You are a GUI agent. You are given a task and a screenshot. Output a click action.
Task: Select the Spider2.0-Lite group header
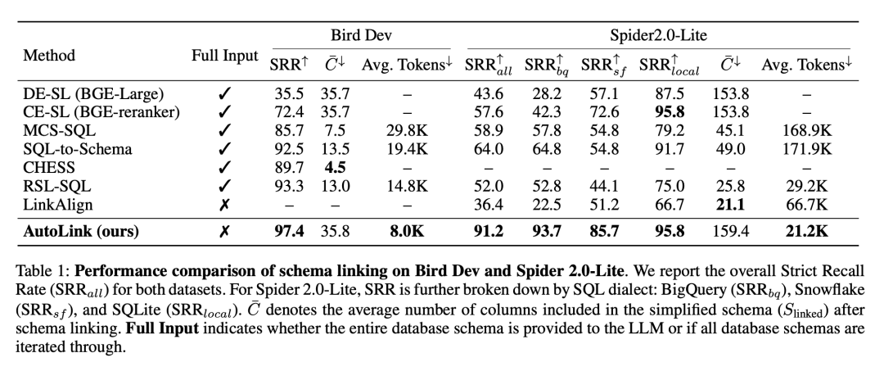pyautogui.click(x=659, y=36)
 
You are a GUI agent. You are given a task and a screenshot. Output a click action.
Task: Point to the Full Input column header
pyautogui.click(x=224, y=57)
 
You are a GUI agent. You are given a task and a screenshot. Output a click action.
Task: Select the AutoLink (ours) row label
pyautogui.click(x=81, y=232)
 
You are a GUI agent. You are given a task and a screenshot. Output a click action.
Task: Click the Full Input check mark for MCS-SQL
pyautogui.click(x=224, y=131)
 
